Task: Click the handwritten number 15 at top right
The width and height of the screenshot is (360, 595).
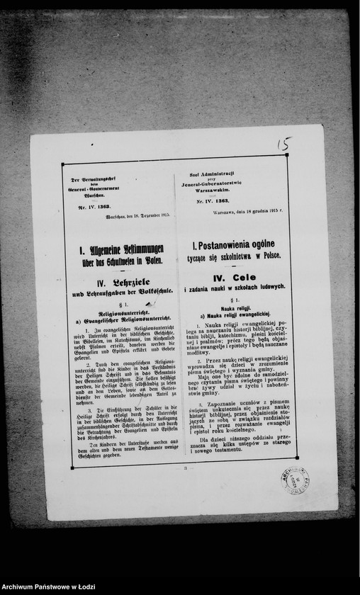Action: [284, 144]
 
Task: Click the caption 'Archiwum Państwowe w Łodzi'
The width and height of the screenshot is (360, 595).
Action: [49, 588]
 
